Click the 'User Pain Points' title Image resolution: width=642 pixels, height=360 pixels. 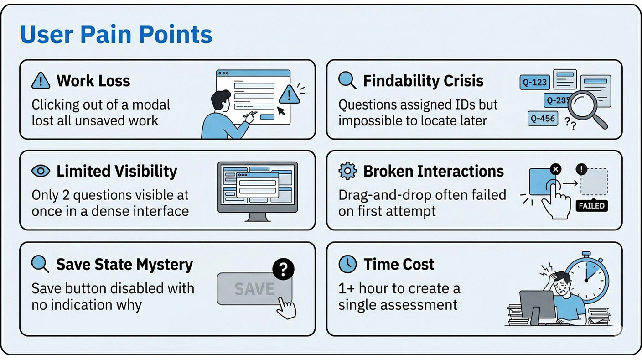(116, 35)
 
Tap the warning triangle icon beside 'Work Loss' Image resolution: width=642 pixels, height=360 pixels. (41, 80)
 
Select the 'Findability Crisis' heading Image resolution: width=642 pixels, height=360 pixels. (423, 81)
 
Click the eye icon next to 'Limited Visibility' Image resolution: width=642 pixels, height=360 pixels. (41, 171)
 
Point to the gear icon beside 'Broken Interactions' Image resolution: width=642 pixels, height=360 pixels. (347, 171)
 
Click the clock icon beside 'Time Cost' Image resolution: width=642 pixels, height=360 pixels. (347, 264)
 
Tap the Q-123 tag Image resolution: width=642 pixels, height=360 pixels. (535, 83)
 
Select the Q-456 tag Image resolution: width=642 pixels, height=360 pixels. (543, 119)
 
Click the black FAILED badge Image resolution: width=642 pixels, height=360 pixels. (591, 206)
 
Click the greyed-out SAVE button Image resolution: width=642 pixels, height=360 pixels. (254, 288)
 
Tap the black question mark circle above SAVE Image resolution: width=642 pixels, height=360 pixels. (283, 269)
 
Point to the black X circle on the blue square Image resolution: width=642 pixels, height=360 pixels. (555, 169)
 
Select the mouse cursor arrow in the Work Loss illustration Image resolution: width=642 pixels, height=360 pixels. (281, 111)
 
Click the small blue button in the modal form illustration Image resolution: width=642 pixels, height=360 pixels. (267, 117)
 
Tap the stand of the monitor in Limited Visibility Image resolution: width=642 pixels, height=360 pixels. (257, 217)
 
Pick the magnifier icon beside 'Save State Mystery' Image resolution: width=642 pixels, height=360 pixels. (40, 264)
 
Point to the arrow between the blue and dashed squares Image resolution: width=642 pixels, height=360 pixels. (570, 183)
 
